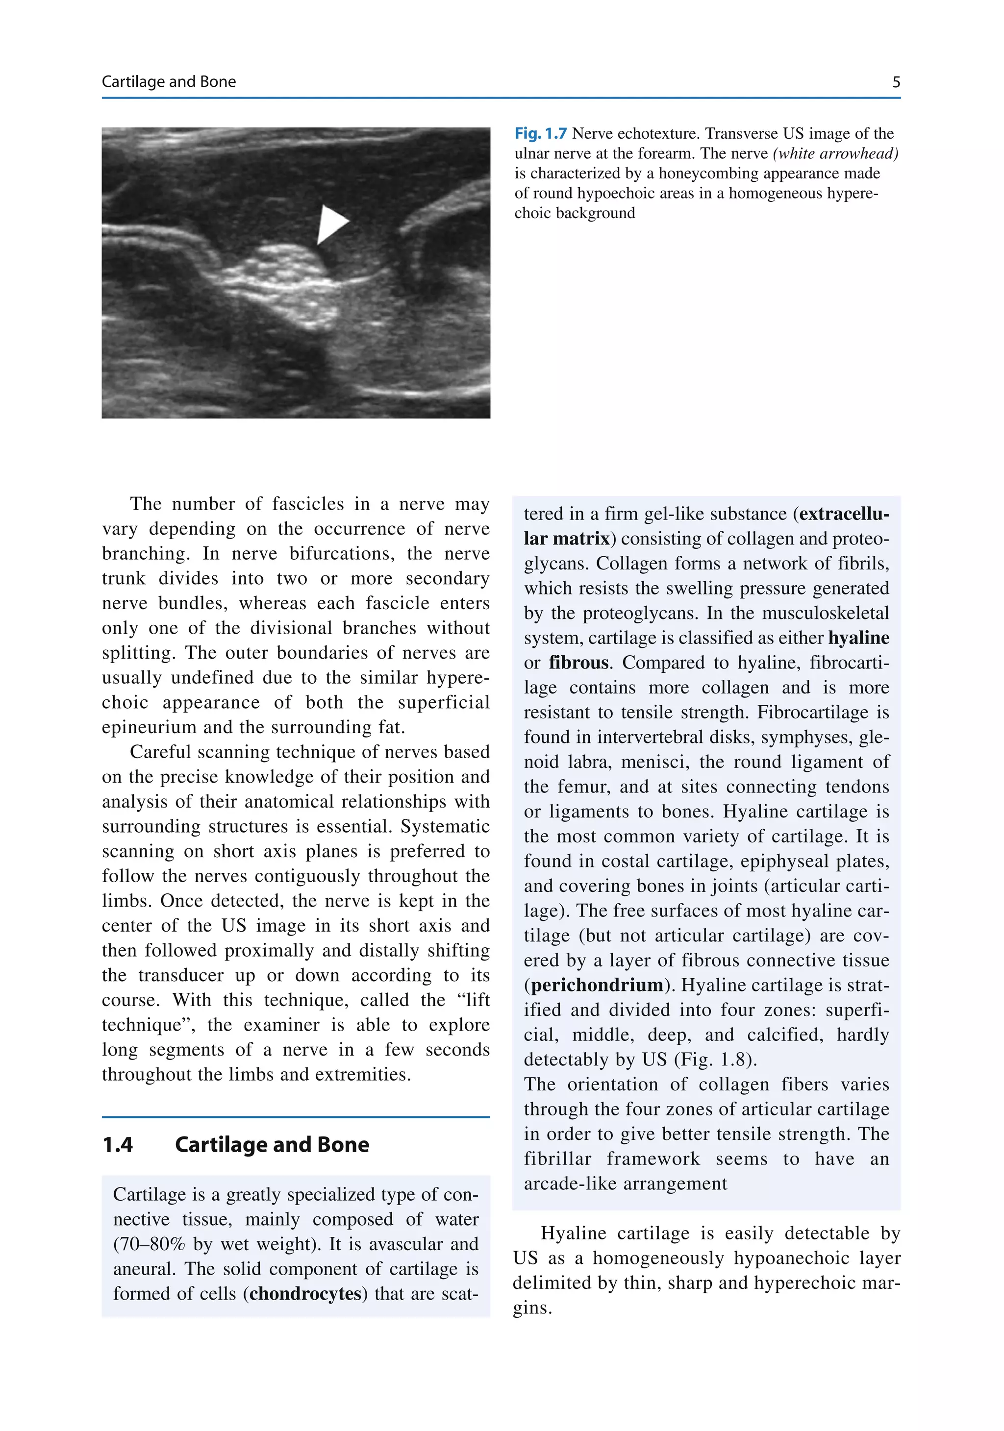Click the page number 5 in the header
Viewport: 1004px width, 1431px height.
coord(896,82)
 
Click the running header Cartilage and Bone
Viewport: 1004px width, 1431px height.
coord(168,82)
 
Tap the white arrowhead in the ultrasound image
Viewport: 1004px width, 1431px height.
coord(330,224)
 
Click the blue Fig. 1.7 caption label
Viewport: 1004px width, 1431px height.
coord(540,133)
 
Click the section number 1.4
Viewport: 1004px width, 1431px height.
coord(118,1144)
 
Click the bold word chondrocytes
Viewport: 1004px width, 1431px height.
coord(305,1293)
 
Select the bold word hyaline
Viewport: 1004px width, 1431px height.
coord(859,638)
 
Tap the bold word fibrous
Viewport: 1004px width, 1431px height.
coord(578,663)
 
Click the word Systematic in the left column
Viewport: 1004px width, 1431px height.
coord(445,826)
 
